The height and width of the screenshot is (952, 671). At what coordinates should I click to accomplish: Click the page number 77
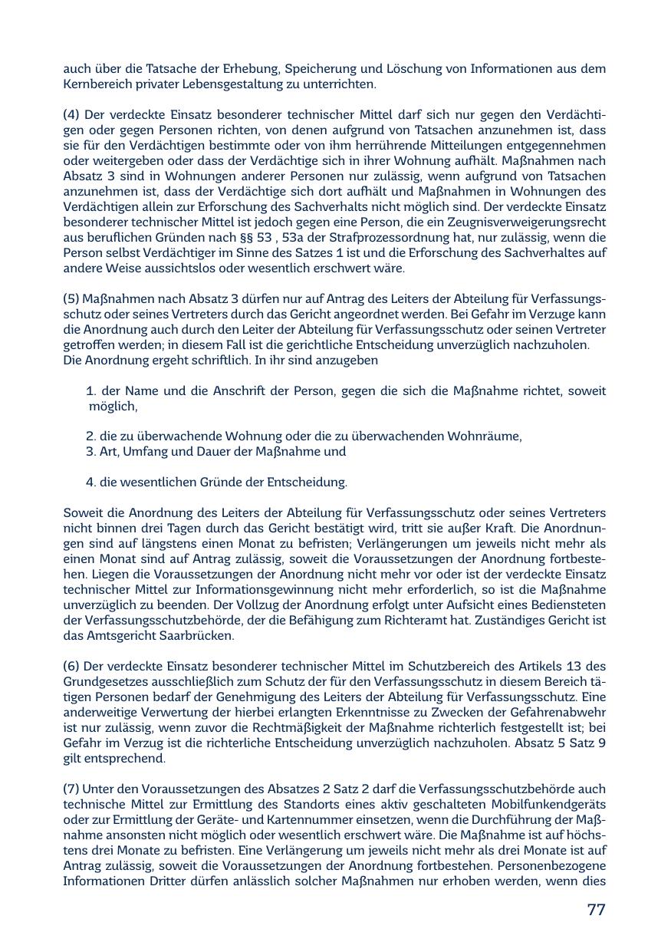[596, 910]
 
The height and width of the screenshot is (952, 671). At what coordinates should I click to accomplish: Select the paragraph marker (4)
[71, 115]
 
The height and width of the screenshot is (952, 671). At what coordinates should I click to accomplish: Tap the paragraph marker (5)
[71, 299]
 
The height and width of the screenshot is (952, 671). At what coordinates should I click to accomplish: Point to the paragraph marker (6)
[71, 667]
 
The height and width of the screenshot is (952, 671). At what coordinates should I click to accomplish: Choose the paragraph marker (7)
[71, 789]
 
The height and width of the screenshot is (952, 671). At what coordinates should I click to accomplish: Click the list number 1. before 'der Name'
[91, 391]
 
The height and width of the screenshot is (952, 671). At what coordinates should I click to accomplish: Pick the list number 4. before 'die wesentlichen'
[91, 483]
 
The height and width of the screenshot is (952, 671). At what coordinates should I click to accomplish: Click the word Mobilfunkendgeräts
[549, 805]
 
